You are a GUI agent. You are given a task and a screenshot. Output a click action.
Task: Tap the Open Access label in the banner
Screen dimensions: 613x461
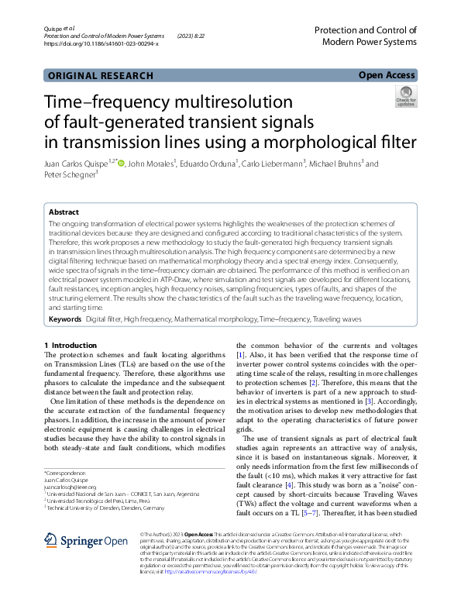coord(387,75)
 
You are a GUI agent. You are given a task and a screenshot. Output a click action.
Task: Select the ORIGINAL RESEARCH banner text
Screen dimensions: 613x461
coord(100,75)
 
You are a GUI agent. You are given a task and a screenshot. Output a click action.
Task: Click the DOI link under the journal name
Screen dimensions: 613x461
coord(101,44)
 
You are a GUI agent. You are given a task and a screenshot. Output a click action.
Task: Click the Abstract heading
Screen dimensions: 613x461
coord(64,212)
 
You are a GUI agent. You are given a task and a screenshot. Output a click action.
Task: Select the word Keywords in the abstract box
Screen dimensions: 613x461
coord(65,319)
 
